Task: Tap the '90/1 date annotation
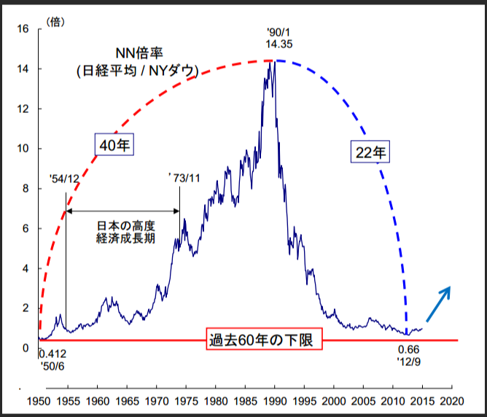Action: (279, 33)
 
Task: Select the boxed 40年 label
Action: (114, 146)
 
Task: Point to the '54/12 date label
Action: (65, 179)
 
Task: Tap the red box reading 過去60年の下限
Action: (260, 340)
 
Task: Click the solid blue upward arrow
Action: (439, 303)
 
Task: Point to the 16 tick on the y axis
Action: (23, 29)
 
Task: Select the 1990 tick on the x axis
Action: (275, 400)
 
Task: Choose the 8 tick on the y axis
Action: (25, 188)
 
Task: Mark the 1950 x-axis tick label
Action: (39, 400)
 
